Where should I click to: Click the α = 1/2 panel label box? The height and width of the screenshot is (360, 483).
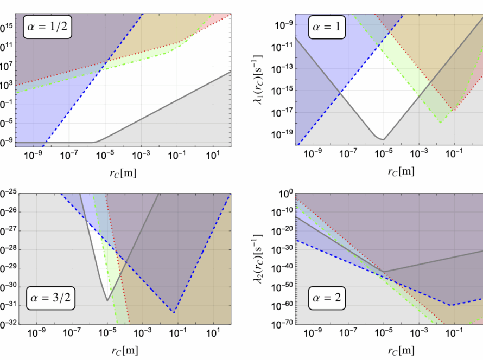coord(47,25)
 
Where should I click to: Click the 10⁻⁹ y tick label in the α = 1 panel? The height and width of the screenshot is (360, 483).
coord(283,25)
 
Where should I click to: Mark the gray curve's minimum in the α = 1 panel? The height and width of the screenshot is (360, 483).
coord(383,139)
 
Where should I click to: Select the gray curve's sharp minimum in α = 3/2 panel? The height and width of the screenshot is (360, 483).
coord(107,300)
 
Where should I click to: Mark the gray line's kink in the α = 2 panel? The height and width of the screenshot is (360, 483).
coord(384,272)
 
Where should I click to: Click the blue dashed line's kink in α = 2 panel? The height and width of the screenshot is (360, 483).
coord(450,305)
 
